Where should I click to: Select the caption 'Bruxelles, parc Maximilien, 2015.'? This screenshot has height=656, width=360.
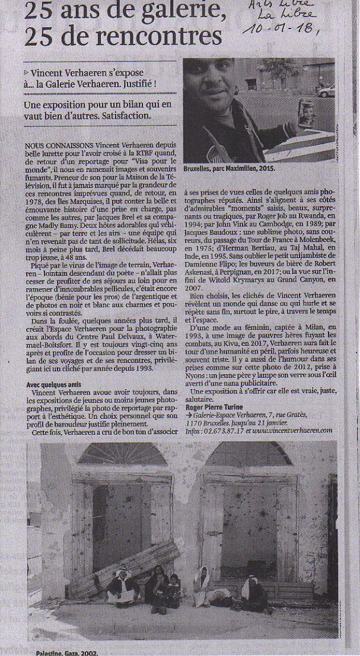[230, 168]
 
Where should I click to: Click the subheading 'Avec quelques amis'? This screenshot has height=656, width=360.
[53, 385]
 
